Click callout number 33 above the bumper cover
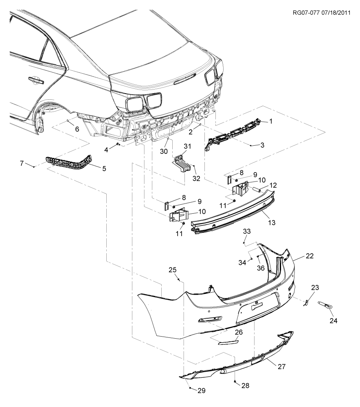coord(247,231)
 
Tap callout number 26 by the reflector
coord(239,332)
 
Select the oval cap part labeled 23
coord(306,303)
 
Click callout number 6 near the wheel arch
coord(77,129)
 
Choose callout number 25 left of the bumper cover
coord(173,270)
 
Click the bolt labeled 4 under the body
coord(118,144)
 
